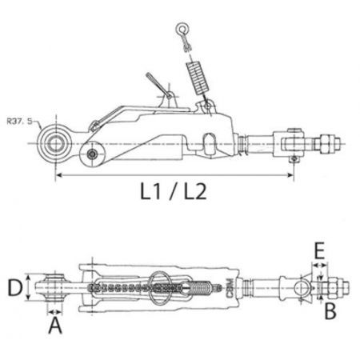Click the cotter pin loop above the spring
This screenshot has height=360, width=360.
pos(182,34)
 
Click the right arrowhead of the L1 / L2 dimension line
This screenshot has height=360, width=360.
pos(297,174)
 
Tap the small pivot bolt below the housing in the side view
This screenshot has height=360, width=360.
pos(95,153)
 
